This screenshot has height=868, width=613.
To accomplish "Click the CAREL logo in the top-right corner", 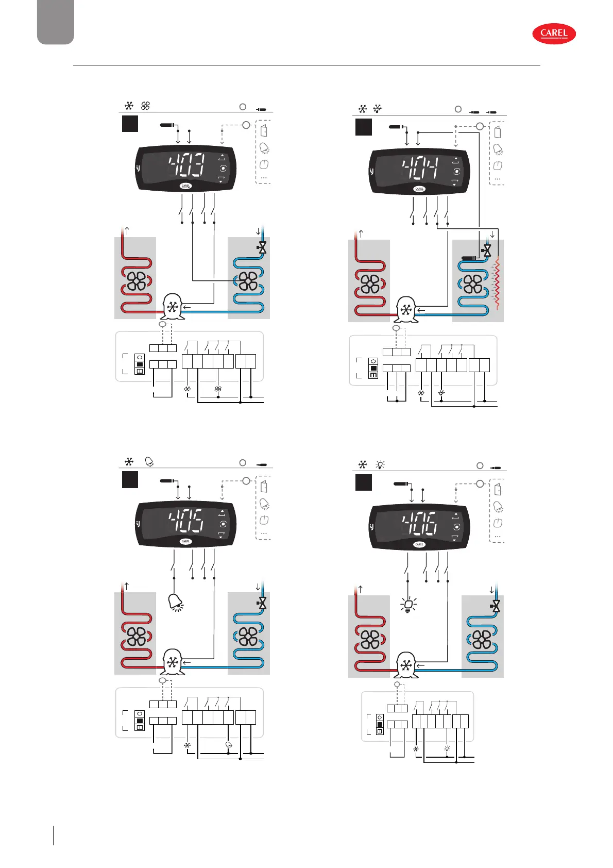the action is pos(554,34).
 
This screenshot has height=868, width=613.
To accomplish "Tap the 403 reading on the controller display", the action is pos(186,165).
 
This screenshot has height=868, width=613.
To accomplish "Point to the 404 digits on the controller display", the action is pos(420,169).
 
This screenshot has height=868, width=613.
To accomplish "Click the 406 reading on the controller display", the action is pos(420,524).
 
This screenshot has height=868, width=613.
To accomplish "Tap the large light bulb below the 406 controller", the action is pos(409,604).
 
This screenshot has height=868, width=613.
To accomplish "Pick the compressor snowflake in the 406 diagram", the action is pos(406,665).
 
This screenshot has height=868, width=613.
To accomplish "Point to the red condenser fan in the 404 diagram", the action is pos(370,283).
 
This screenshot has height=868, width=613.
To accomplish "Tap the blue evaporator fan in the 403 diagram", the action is pos(248,281).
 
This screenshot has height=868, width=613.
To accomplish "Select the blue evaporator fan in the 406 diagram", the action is pos(482,639).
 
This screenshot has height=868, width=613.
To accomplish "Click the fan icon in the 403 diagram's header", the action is pos(145,106).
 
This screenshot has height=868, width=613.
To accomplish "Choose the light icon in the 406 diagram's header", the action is pos(380,464).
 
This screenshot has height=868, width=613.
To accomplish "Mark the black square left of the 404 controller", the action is pos(364,127).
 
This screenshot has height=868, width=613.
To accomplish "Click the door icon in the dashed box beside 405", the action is pos(264,486).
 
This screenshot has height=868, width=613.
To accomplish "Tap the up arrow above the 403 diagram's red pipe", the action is pos(127,230).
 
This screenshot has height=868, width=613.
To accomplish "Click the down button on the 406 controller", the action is pos(455,539).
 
